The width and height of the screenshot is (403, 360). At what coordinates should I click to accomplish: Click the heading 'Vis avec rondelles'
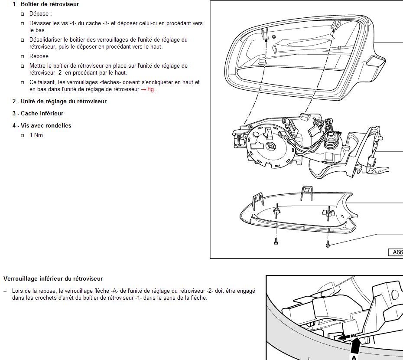[x=46, y=125]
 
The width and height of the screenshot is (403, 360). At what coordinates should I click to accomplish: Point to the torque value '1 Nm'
[x=36, y=135]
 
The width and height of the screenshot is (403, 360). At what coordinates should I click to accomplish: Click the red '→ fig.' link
[x=149, y=89]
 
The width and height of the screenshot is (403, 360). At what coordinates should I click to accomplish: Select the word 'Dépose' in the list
[x=39, y=13]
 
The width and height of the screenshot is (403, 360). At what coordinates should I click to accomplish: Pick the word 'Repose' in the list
[x=39, y=56]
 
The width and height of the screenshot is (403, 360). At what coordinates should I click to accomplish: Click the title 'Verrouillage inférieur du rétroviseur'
[x=53, y=278]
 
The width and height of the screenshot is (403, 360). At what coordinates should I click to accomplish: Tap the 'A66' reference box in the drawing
[x=396, y=252]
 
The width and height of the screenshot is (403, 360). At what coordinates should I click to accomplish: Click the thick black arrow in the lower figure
[x=355, y=346]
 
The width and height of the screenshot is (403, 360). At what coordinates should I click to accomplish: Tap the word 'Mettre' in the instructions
[x=38, y=65]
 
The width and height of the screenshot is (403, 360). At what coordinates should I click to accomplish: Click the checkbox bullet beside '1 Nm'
[x=23, y=135]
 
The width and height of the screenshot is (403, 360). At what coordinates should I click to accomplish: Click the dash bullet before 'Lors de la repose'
[x=5, y=291]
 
